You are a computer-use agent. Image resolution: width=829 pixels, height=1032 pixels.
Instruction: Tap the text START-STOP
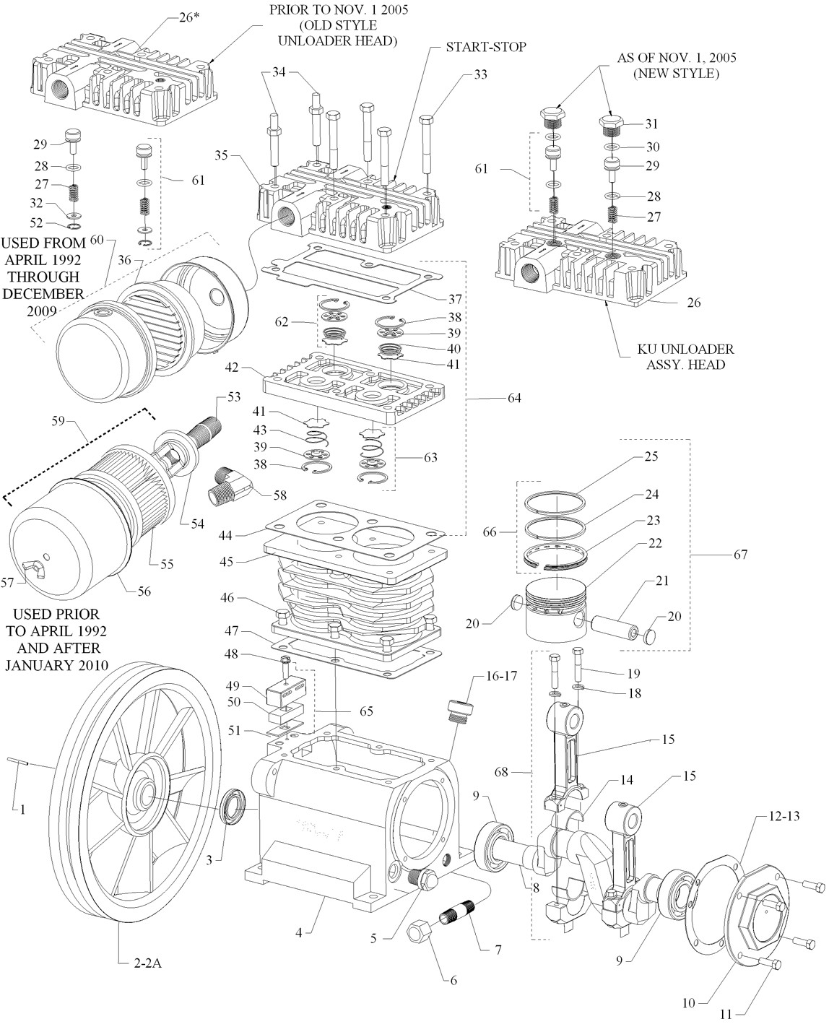pyautogui.click(x=485, y=47)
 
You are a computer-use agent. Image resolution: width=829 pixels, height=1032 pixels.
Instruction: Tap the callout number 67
pyautogui.click(x=740, y=555)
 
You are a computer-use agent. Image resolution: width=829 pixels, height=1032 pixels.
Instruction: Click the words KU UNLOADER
pyautogui.click(x=685, y=349)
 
